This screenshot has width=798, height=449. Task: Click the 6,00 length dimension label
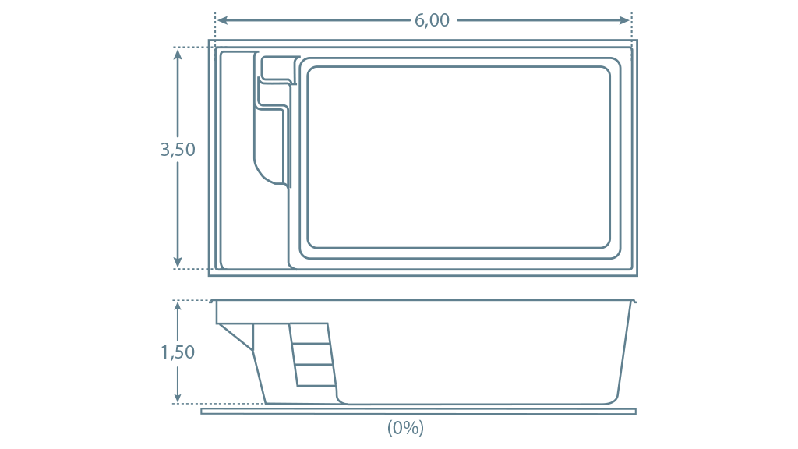point(432,20)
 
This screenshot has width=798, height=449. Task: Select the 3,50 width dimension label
point(178,150)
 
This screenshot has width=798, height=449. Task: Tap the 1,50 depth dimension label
point(178,352)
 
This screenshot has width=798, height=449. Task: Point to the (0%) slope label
point(405,428)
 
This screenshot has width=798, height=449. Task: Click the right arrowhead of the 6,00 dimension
point(624,20)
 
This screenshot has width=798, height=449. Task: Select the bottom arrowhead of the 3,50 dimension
point(178,262)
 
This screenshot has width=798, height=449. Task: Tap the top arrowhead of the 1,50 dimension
point(178,307)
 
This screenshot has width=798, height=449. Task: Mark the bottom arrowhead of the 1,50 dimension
point(178,397)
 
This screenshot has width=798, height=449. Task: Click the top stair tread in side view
point(310,334)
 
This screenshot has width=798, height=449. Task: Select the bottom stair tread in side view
point(316,375)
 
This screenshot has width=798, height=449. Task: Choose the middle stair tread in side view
point(313,355)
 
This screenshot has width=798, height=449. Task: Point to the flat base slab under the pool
point(418,412)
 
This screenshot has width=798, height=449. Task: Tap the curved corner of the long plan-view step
point(263,173)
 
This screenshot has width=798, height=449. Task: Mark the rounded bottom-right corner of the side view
point(613,400)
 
